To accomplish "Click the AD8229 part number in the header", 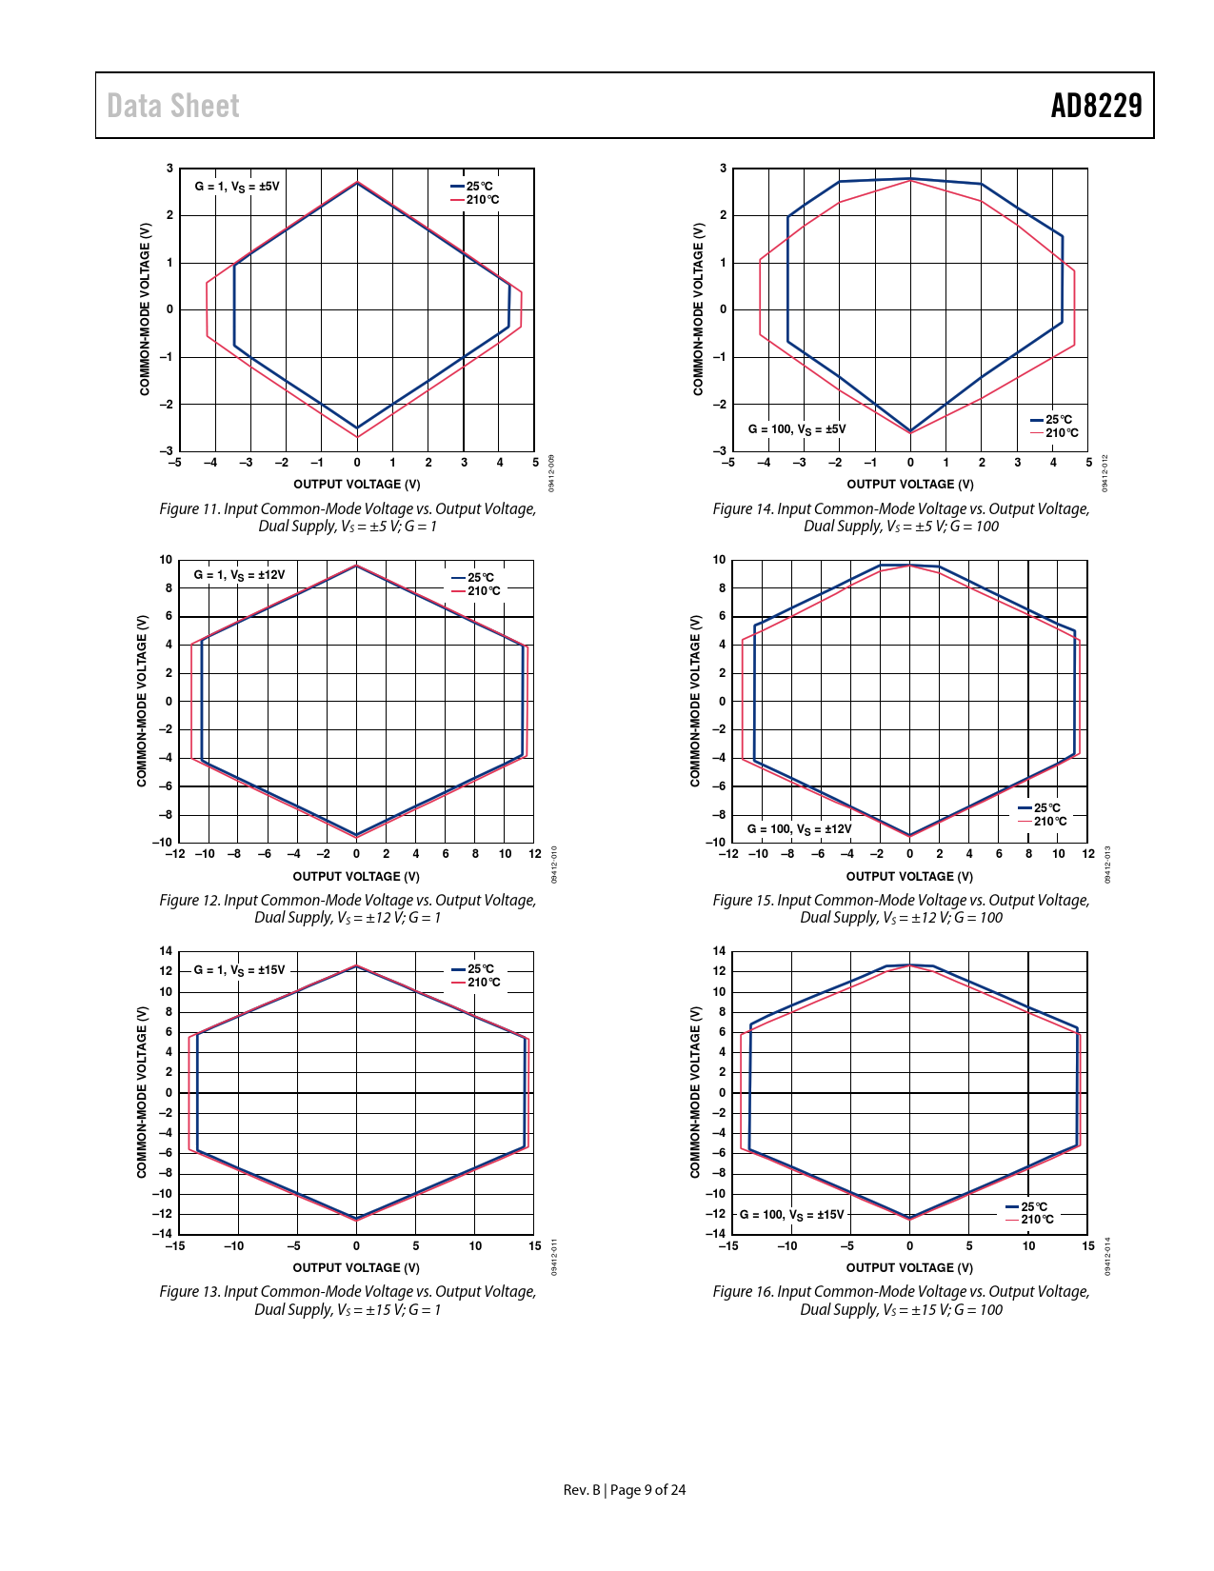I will (1096, 106).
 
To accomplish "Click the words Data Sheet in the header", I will (173, 106).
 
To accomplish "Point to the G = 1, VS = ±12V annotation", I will (239, 575).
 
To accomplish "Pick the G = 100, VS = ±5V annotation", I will (797, 429).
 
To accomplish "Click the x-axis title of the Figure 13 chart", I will (356, 1267).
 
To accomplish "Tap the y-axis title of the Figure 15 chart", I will (695, 701).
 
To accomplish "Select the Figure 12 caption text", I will (348, 908).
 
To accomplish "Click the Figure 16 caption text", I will (901, 1300).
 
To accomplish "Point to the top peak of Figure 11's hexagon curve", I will (357, 182).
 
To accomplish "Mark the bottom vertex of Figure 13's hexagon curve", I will (357, 1219).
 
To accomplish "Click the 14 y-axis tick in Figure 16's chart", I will (720, 951).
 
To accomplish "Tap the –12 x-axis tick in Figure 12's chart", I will (175, 854).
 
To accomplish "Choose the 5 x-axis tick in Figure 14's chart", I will (1088, 463).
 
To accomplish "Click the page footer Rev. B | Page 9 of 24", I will (624, 1490).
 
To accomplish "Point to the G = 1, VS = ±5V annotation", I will (237, 187).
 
